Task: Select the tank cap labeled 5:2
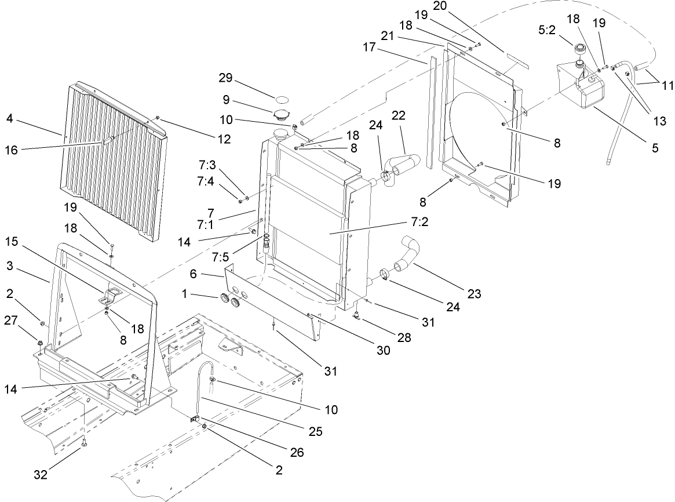tap(579, 50)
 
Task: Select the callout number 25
tap(316, 431)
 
